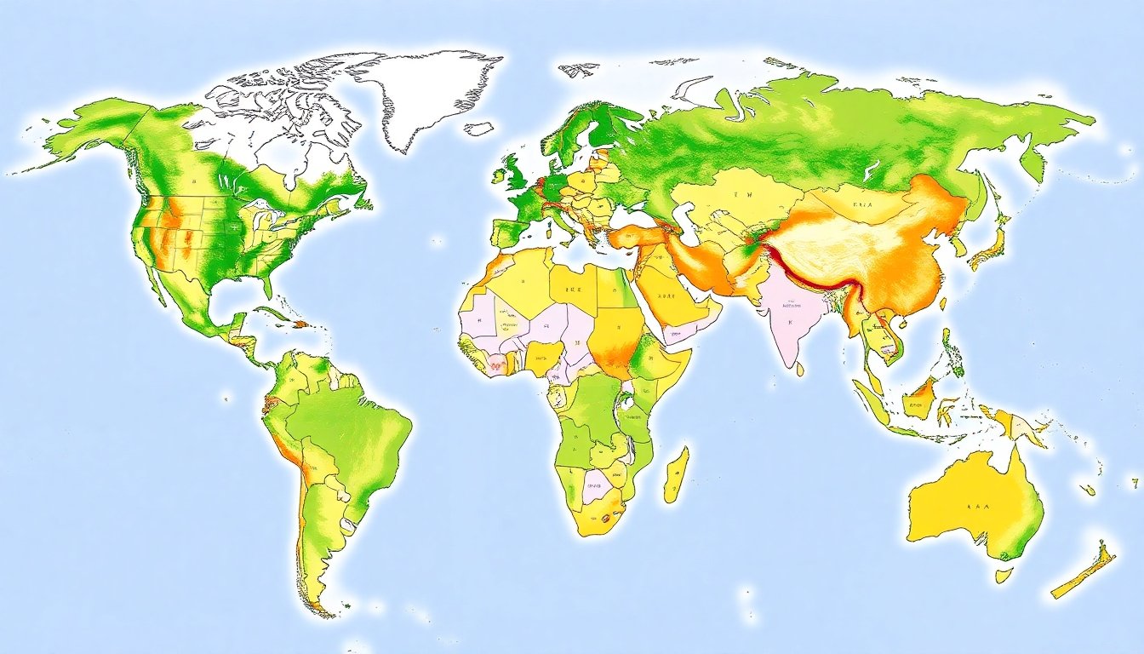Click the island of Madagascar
(x=676, y=474)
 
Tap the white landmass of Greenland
(x=426, y=94)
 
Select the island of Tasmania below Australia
(x=1004, y=576)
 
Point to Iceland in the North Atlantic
(x=478, y=129)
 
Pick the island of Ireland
(x=497, y=177)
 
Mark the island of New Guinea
(x=1017, y=423)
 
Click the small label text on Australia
(x=979, y=505)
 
